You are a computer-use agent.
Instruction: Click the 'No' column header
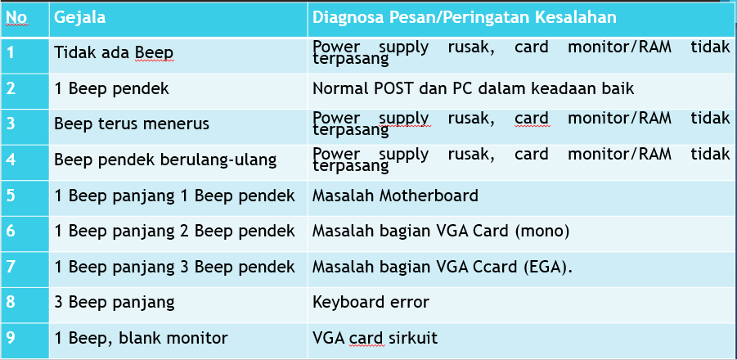[x=16, y=18]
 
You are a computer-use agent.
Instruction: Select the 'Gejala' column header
[x=80, y=18]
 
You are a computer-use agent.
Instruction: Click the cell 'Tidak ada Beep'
[x=114, y=53]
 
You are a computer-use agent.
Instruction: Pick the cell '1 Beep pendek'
[x=111, y=89]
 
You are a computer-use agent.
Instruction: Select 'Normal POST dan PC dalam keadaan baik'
[x=474, y=88]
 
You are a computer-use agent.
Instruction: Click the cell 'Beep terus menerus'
[x=132, y=124]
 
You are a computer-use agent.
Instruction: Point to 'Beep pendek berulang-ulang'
[x=165, y=160]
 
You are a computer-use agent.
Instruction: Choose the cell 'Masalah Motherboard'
[x=395, y=196]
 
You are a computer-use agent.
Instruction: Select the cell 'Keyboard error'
[x=371, y=302]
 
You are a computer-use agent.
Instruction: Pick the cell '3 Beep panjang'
[x=115, y=302]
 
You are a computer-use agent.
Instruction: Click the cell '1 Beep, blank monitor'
[x=141, y=338]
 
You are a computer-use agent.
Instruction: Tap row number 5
[x=11, y=196]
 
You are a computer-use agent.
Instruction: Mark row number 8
[x=11, y=302]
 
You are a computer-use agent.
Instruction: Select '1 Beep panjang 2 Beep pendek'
[x=175, y=232]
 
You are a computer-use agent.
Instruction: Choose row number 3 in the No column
[x=11, y=124]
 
